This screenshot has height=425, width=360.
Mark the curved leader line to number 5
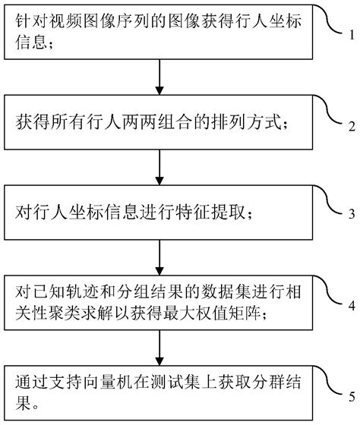coord(331,382)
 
